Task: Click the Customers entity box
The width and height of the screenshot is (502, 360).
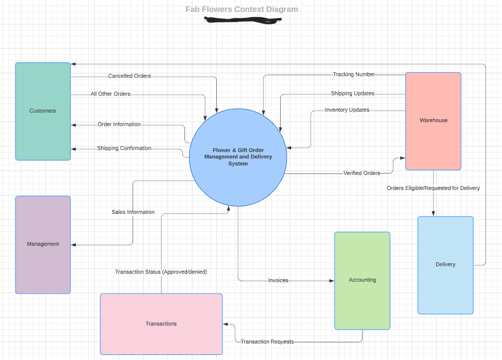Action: coord(43,111)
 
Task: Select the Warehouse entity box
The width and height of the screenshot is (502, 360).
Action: coord(433,121)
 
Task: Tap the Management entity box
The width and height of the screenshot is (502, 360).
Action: coord(43,244)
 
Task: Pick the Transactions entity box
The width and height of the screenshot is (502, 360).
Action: coord(161,324)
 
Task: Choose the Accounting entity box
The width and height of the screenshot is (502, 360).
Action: coord(362,280)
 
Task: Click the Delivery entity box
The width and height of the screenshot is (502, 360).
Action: coord(445,265)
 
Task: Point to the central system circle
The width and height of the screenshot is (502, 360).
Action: coord(238,157)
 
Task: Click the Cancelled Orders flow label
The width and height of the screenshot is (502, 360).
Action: coord(129,76)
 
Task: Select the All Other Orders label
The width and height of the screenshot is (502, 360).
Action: coord(110,94)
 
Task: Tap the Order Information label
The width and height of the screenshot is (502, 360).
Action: coord(119,125)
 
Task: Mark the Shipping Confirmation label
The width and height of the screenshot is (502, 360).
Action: coord(124,149)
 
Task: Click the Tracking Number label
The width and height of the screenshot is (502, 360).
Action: coord(353,75)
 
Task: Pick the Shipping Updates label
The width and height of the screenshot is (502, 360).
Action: coord(352,94)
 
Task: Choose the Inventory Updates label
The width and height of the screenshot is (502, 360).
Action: coord(347,110)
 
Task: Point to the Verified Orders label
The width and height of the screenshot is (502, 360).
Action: coord(361,174)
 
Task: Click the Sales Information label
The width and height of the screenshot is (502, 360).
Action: coord(133,212)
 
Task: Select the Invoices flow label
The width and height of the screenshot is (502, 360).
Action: coord(278,281)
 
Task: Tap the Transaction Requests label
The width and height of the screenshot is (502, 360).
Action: coord(267,342)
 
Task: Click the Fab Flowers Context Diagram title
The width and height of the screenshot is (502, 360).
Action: coord(242,9)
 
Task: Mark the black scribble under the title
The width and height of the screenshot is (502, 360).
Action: coord(243,20)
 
